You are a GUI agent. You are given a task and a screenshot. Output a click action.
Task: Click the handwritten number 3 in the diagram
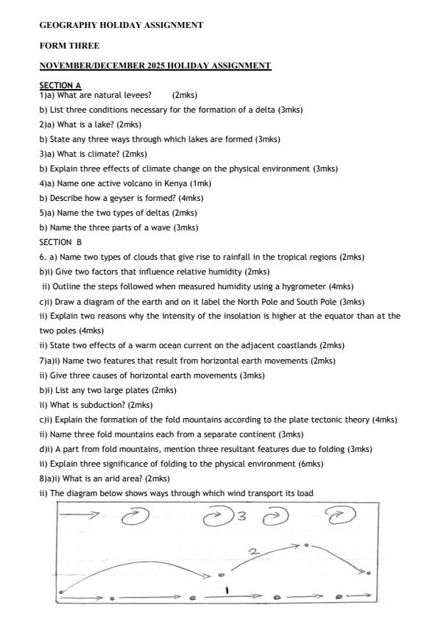240,516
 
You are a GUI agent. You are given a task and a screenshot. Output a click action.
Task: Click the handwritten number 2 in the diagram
253,551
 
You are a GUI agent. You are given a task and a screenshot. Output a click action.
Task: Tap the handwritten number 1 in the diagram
227,589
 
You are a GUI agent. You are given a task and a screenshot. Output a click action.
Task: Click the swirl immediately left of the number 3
218,517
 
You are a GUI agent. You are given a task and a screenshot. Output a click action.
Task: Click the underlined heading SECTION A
60,85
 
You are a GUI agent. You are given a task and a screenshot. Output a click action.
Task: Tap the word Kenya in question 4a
172,183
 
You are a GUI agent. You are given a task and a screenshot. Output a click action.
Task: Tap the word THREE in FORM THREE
83,46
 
